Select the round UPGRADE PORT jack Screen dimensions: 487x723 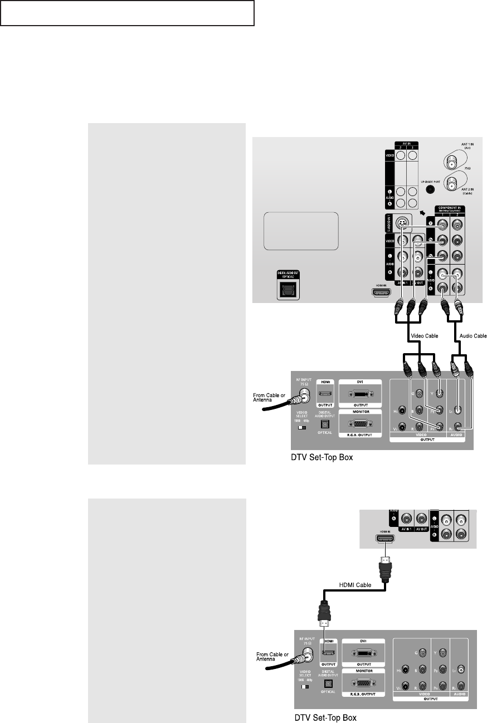click(x=431, y=189)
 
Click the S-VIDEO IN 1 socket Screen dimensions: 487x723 click(x=402, y=224)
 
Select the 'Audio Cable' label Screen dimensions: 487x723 click(x=473, y=336)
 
